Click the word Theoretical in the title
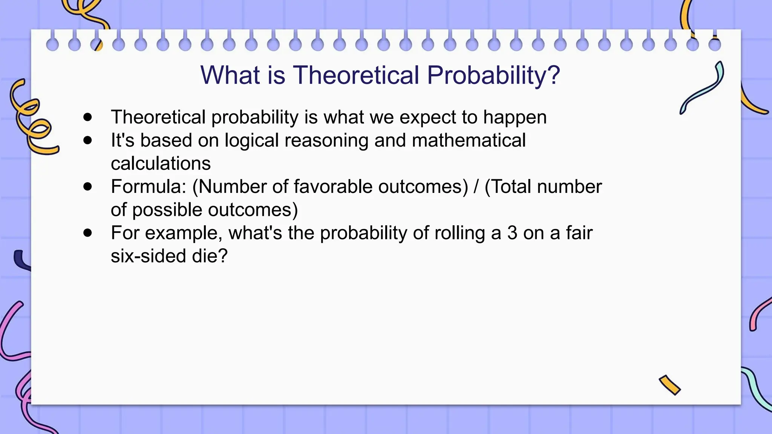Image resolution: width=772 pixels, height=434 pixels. pos(356,75)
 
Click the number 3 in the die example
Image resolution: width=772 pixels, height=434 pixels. pos(512,233)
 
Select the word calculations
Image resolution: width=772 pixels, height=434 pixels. pos(161,164)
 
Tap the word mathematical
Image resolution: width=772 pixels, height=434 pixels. pos(469,140)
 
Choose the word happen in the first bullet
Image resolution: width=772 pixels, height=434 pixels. pos(515,118)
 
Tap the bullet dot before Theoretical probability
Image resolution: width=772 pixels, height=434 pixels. pos(88,117)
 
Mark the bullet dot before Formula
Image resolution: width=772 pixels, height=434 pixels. pos(88,186)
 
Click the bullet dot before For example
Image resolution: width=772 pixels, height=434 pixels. pos(88,233)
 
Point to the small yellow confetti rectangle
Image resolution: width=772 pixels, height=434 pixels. pos(669,385)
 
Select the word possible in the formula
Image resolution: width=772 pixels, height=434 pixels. pos(167,210)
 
